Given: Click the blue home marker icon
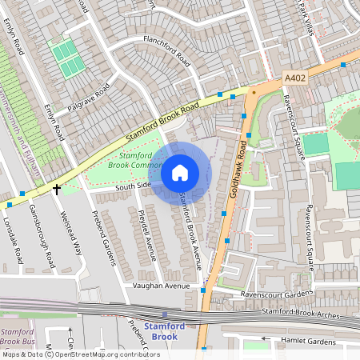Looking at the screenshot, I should (180, 172).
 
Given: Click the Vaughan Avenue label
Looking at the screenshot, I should (162, 286).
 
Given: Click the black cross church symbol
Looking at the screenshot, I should (57, 189).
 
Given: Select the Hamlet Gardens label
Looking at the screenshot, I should (312, 341).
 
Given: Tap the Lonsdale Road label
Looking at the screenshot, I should (13, 241).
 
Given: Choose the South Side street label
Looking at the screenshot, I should (133, 186).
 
